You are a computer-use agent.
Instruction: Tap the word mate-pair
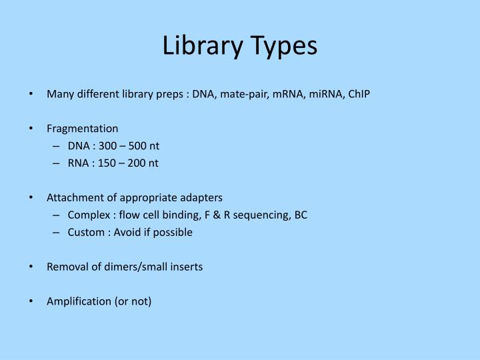[239, 94]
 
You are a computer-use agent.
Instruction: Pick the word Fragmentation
[83, 129]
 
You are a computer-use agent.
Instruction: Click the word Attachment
[72, 198]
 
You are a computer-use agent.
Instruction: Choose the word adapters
[202, 198]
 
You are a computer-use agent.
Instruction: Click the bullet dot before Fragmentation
[33, 129]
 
